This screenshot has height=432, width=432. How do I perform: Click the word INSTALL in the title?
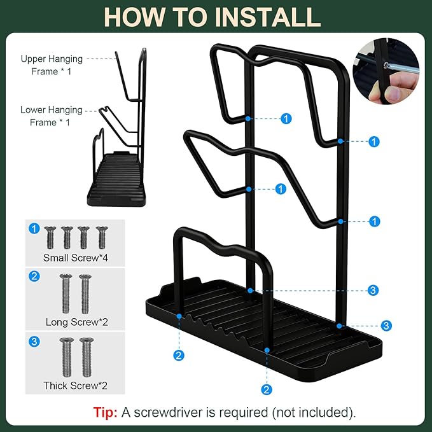click(x=268, y=17)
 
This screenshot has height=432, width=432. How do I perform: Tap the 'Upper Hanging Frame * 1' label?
click(x=52, y=65)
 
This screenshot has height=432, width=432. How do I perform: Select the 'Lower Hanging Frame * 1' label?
click(x=52, y=116)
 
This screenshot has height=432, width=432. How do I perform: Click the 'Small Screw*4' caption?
click(x=76, y=258)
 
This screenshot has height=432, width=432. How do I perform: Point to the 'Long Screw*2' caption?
click(x=77, y=322)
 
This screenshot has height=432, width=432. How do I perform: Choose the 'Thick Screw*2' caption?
click(x=75, y=386)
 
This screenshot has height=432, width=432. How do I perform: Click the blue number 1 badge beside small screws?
click(x=34, y=228)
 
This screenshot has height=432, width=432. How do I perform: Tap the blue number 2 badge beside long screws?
click(x=34, y=276)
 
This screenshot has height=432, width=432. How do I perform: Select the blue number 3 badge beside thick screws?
click(x=34, y=342)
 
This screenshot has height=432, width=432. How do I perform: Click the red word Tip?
click(x=105, y=412)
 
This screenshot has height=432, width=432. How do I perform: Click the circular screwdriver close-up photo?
click(x=386, y=71)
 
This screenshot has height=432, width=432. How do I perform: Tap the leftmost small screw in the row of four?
click(x=50, y=237)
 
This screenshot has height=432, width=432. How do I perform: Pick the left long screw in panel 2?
click(x=66, y=294)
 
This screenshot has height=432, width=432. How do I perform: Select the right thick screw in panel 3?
click(x=87, y=358)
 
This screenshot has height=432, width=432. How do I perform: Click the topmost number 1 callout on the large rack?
click(x=286, y=119)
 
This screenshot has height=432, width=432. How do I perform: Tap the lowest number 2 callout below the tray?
click(x=266, y=389)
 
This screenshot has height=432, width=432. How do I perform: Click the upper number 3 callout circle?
click(x=373, y=290)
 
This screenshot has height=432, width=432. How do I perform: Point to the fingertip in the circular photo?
click(x=393, y=94)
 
